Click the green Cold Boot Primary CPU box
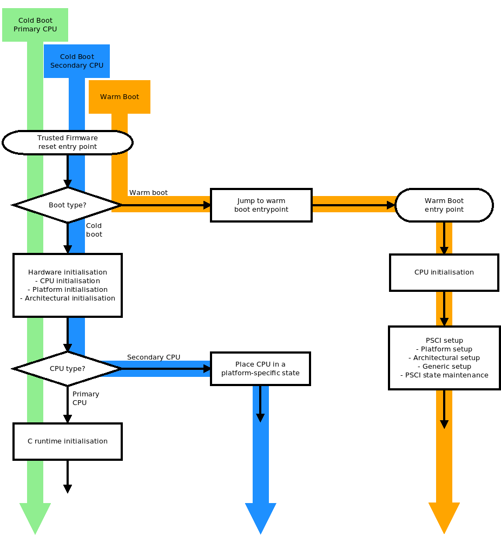[x=35, y=25]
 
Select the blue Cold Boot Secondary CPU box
[x=77, y=61]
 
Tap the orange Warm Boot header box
[x=120, y=97]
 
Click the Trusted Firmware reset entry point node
[x=68, y=142]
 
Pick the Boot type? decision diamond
[x=68, y=205]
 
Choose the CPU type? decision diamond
[x=68, y=369]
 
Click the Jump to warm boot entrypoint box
[x=261, y=205]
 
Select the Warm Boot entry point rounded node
[x=444, y=205]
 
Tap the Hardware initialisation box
[x=68, y=285]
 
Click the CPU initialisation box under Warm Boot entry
[x=444, y=272]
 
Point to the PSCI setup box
[x=444, y=358]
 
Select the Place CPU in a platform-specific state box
[x=260, y=369]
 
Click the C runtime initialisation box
[x=68, y=441]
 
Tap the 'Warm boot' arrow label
[x=148, y=193]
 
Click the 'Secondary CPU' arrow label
[x=154, y=357]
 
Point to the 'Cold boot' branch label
[x=94, y=230]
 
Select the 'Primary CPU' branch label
[x=85, y=399]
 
